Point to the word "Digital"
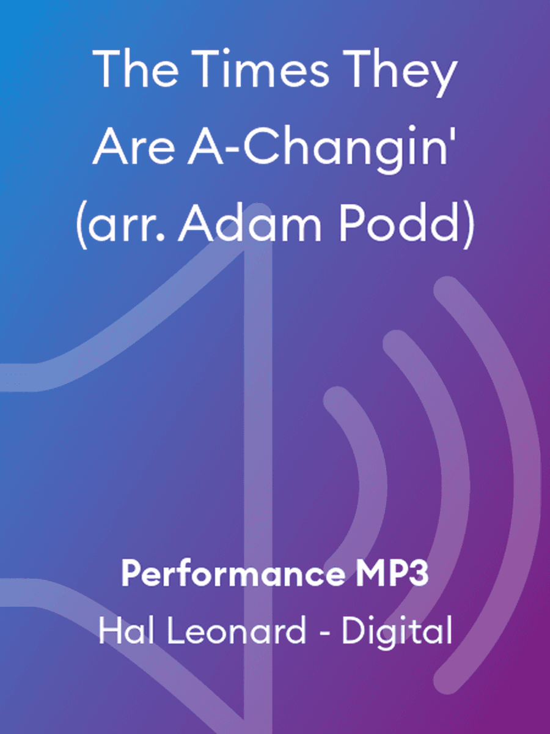point(397,631)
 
